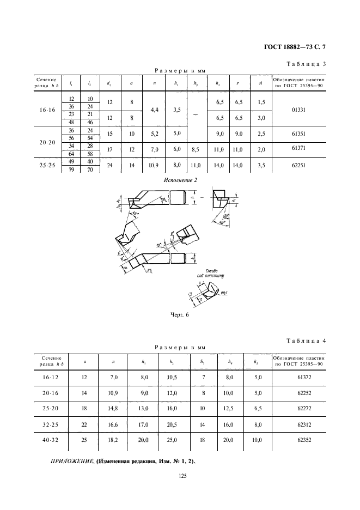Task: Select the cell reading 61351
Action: [x=298, y=135]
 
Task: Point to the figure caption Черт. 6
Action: [x=179, y=314]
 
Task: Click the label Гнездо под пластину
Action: [x=212, y=274]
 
